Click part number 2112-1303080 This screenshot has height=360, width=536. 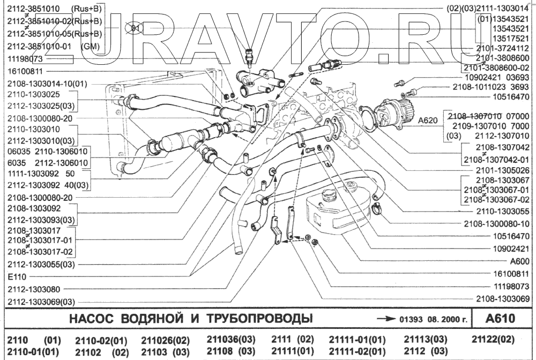(x=34, y=288)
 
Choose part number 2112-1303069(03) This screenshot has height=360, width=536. (x=41, y=301)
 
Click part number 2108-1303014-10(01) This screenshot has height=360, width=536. (x=47, y=84)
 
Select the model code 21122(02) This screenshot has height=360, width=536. (x=493, y=339)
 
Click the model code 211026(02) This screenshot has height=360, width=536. (x=165, y=340)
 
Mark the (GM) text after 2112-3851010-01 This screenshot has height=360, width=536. (x=89, y=47)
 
